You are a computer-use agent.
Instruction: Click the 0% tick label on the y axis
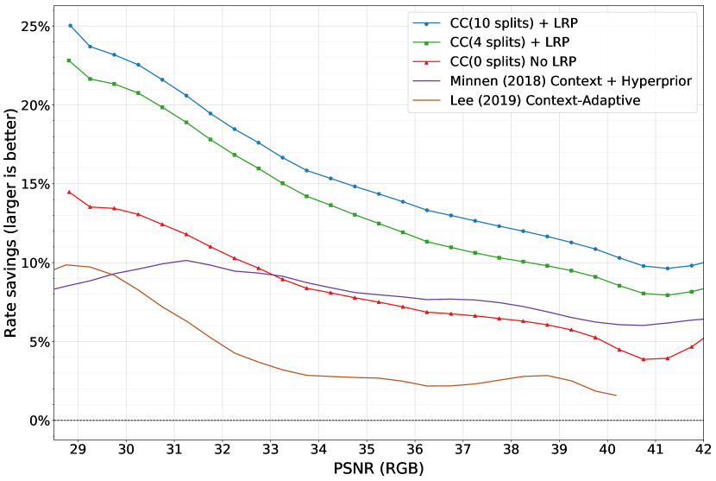[36, 421]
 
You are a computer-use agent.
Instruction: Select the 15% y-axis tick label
[33, 184]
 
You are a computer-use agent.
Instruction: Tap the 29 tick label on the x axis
[78, 451]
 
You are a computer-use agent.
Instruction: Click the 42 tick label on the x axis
[703, 451]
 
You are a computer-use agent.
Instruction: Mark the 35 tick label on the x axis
[367, 451]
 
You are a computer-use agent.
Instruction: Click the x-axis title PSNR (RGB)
[379, 470]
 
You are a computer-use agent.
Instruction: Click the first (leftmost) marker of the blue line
[70, 26]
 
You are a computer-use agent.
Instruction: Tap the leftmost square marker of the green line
[69, 60]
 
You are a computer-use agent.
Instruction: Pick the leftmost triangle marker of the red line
[69, 192]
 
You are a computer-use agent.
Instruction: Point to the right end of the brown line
[616, 396]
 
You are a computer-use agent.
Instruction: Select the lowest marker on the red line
[644, 359]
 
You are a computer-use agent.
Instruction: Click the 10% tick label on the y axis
[33, 263]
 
